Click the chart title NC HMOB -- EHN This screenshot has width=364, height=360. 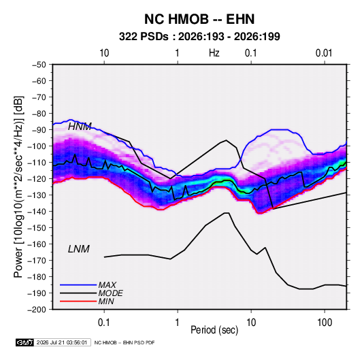coord(199,19)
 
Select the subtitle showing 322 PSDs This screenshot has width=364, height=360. coord(199,37)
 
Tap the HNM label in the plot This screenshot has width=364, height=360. coord(80,127)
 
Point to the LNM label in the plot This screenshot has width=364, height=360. coord(79,249)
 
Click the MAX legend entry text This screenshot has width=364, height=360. coord(107,284)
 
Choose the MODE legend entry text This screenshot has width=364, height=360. coord(110,293)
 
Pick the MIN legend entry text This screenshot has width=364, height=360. coord(106,301)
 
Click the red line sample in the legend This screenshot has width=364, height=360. coord(78,301)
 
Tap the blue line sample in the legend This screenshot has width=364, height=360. coord(78,284)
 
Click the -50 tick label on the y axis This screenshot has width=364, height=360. coord(39,65)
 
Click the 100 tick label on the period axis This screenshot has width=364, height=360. coord(325,323)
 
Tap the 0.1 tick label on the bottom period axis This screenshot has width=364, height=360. coord(104,323)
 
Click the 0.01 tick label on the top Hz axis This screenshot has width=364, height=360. coord(324,53)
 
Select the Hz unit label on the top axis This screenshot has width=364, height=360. coord(214,53)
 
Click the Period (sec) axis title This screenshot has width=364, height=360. coord(214,330)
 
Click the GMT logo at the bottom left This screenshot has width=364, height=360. coord(24,342)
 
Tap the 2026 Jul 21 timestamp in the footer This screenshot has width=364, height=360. coord(62,342)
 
